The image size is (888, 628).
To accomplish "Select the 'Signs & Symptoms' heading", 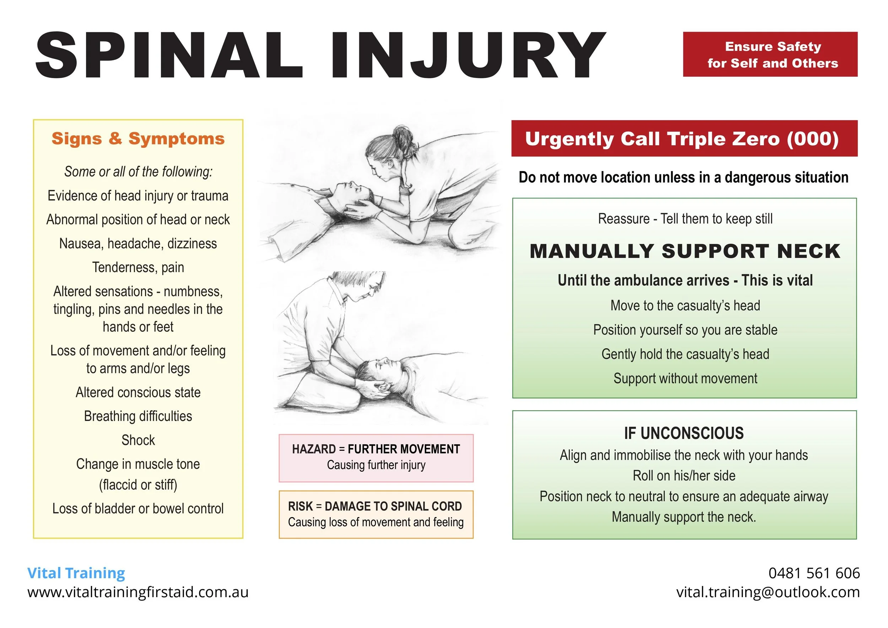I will tap(138, 139).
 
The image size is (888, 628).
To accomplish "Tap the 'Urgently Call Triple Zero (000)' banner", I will tap(684, 139).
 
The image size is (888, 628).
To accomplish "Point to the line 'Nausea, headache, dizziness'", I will tap(138, 244).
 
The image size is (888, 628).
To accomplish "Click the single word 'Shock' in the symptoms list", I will tap(138, 440).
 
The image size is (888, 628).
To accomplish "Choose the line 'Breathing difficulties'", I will tap(138, 416).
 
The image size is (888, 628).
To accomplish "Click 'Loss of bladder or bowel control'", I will tap(138, 509).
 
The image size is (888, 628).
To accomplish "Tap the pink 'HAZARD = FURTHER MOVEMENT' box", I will tap(376, 458).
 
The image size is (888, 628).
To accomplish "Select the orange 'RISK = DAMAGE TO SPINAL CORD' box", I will tap(376, 514).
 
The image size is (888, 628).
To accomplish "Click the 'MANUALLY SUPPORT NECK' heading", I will tap(685, 251).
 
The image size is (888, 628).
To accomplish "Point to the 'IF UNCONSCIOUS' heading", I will tap(684, 433).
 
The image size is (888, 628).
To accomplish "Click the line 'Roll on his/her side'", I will tap(684, 476).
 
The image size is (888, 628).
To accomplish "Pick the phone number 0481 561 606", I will tap(814, 573).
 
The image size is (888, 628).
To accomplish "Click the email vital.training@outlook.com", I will tap(768, 592).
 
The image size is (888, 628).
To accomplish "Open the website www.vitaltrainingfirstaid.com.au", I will tap(138, 592).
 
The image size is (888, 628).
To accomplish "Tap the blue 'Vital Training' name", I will tap(76, 573).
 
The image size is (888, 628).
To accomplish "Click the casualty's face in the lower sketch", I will tap(381, 367).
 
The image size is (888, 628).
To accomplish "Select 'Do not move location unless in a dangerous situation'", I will tap(683, 177).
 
